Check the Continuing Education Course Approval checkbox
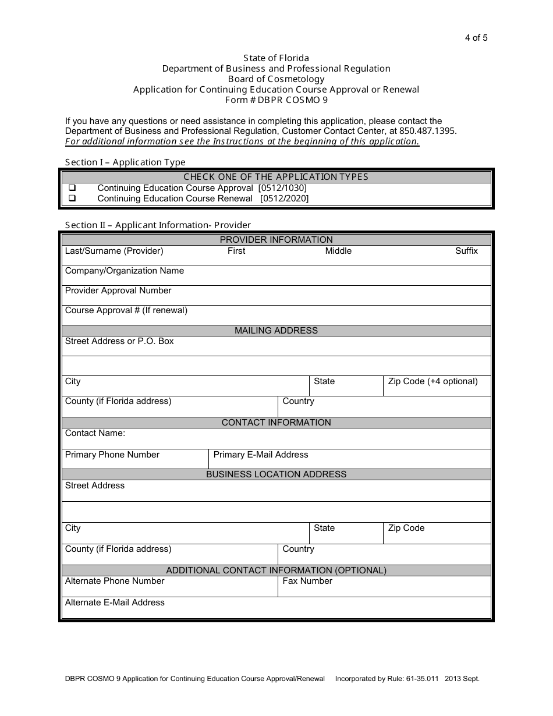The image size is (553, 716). [x=73, y=188]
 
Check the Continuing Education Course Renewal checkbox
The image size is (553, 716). [x=73, y=199]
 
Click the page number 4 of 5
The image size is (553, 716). [x=476, y=38]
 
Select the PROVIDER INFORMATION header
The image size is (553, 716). [x=276, y=240]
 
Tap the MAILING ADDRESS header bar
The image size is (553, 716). [x=276, y=331]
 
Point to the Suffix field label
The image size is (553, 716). [x=466, y=251]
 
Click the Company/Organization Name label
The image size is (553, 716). [x=124, y=271]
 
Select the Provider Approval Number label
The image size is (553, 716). [x=118, y=290]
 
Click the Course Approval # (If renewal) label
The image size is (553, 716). [x=126, y=310]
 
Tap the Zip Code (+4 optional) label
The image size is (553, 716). [x=433, y=381]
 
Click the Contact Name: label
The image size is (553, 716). [x=95, y=433]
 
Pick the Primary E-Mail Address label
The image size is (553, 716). [x=261, y=455]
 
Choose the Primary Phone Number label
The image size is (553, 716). [x=112, y=455]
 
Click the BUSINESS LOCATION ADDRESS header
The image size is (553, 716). [x=276, y=474]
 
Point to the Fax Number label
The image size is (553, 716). [x=307, y=581]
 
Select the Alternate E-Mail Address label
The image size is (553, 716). [x=115, y=602]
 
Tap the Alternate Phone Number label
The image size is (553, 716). [x=115, y=581]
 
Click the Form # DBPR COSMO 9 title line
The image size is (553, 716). [x=276, y=100]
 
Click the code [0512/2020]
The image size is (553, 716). [x=285, y=199]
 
